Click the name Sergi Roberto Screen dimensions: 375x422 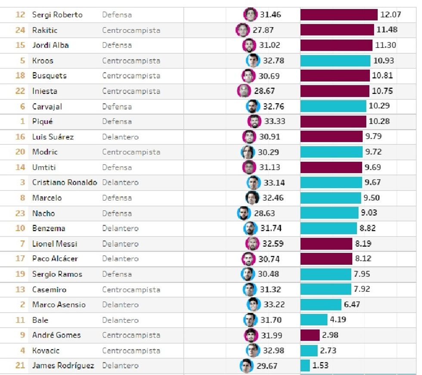(x=57, y=15)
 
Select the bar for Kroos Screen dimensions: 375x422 (x=335, y=61)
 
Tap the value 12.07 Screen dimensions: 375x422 (x=391, y=15)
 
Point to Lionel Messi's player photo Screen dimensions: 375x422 (x=252, y=244)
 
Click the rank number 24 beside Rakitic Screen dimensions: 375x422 (x=20, y=30)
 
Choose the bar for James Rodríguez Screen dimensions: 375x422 (x=305, y=366)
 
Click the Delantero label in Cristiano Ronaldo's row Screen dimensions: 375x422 (x=120, y=183)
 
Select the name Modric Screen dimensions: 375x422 (x=45, y=152)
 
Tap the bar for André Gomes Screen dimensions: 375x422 (x=310, y=335)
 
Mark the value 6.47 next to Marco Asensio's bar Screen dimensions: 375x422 (x=352, y=304)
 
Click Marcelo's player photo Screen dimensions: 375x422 (x=252, y=198)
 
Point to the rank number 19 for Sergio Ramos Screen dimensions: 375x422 (x=20, y=274)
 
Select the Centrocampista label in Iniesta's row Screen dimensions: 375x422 (x=131, y=91)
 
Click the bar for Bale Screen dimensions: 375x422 (x=314, y=320)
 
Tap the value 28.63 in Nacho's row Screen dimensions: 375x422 (x=264, y=213)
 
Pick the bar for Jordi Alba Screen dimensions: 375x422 (x=336, y=45)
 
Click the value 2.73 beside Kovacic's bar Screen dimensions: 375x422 (x=328, y=350)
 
